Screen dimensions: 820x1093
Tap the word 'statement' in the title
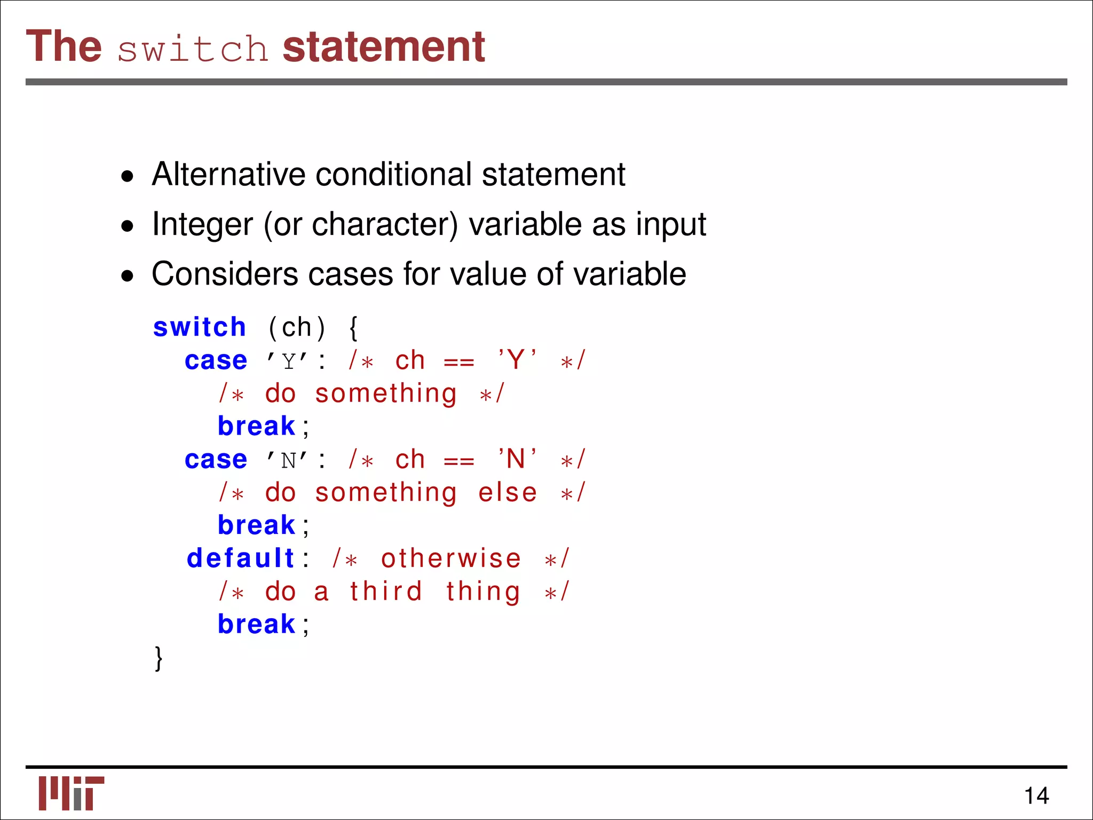tap(383, 47)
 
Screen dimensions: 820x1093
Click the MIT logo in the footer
tap(71, 793)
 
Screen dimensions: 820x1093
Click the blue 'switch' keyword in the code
tap(199, 327)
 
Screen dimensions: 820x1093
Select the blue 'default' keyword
tap(240, 558)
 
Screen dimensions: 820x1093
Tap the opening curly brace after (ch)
tap(353, 328)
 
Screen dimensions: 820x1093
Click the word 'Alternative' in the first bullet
tap(229, 174)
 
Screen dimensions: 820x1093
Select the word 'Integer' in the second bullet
tap(202, 224)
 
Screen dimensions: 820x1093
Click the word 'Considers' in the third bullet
tap(225, 274)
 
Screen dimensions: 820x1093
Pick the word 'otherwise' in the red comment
tap(450, 558)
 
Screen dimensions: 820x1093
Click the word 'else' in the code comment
tap(507, 492)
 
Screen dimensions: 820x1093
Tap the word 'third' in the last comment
tap(386, 592)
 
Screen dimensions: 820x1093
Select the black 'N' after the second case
tap(289, 460)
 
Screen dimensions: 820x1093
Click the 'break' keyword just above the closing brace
tap(256, 624)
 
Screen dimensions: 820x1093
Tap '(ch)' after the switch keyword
tap(296, 328)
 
